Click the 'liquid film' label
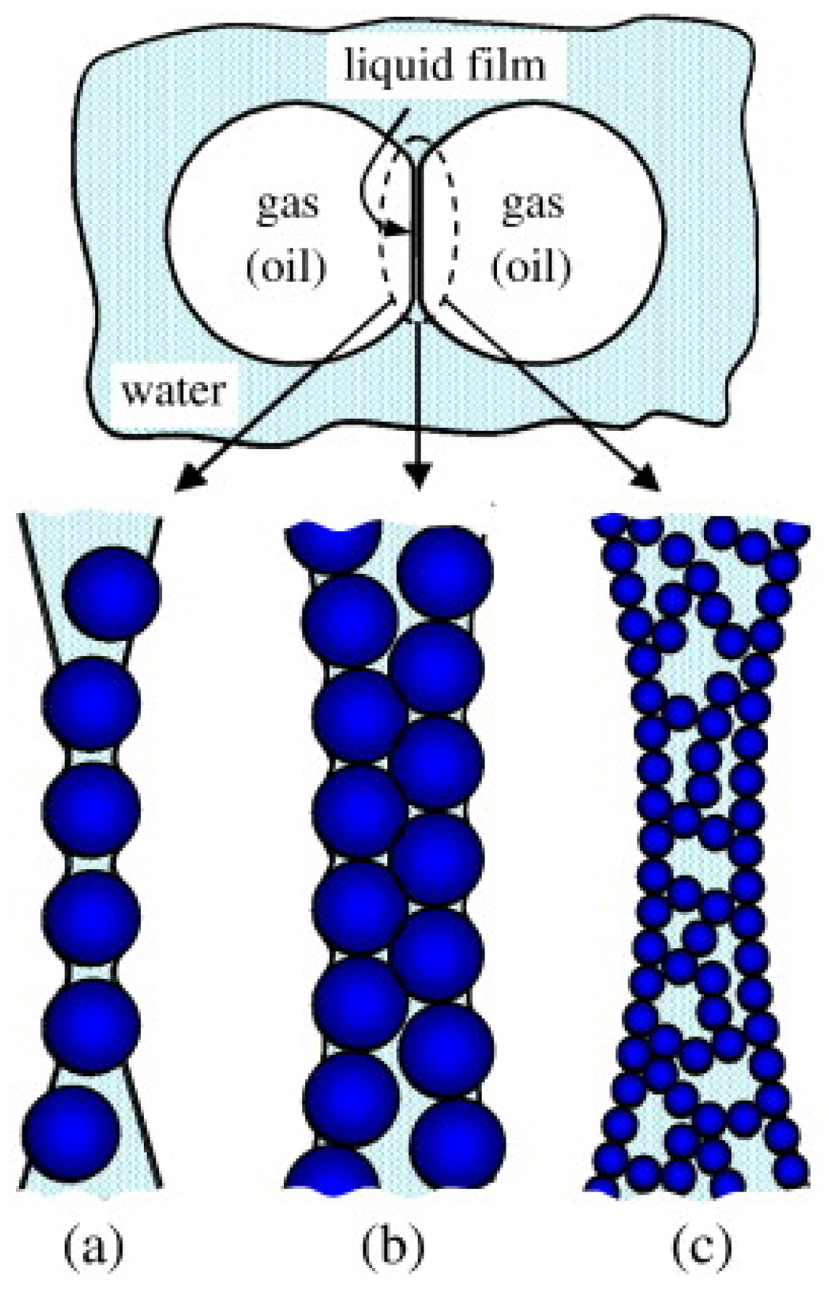(x=444, y=66)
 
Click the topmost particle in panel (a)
(x=111, y=593)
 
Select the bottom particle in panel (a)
(x=70, y=1134)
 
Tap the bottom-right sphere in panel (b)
(x=457, y=1144)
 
